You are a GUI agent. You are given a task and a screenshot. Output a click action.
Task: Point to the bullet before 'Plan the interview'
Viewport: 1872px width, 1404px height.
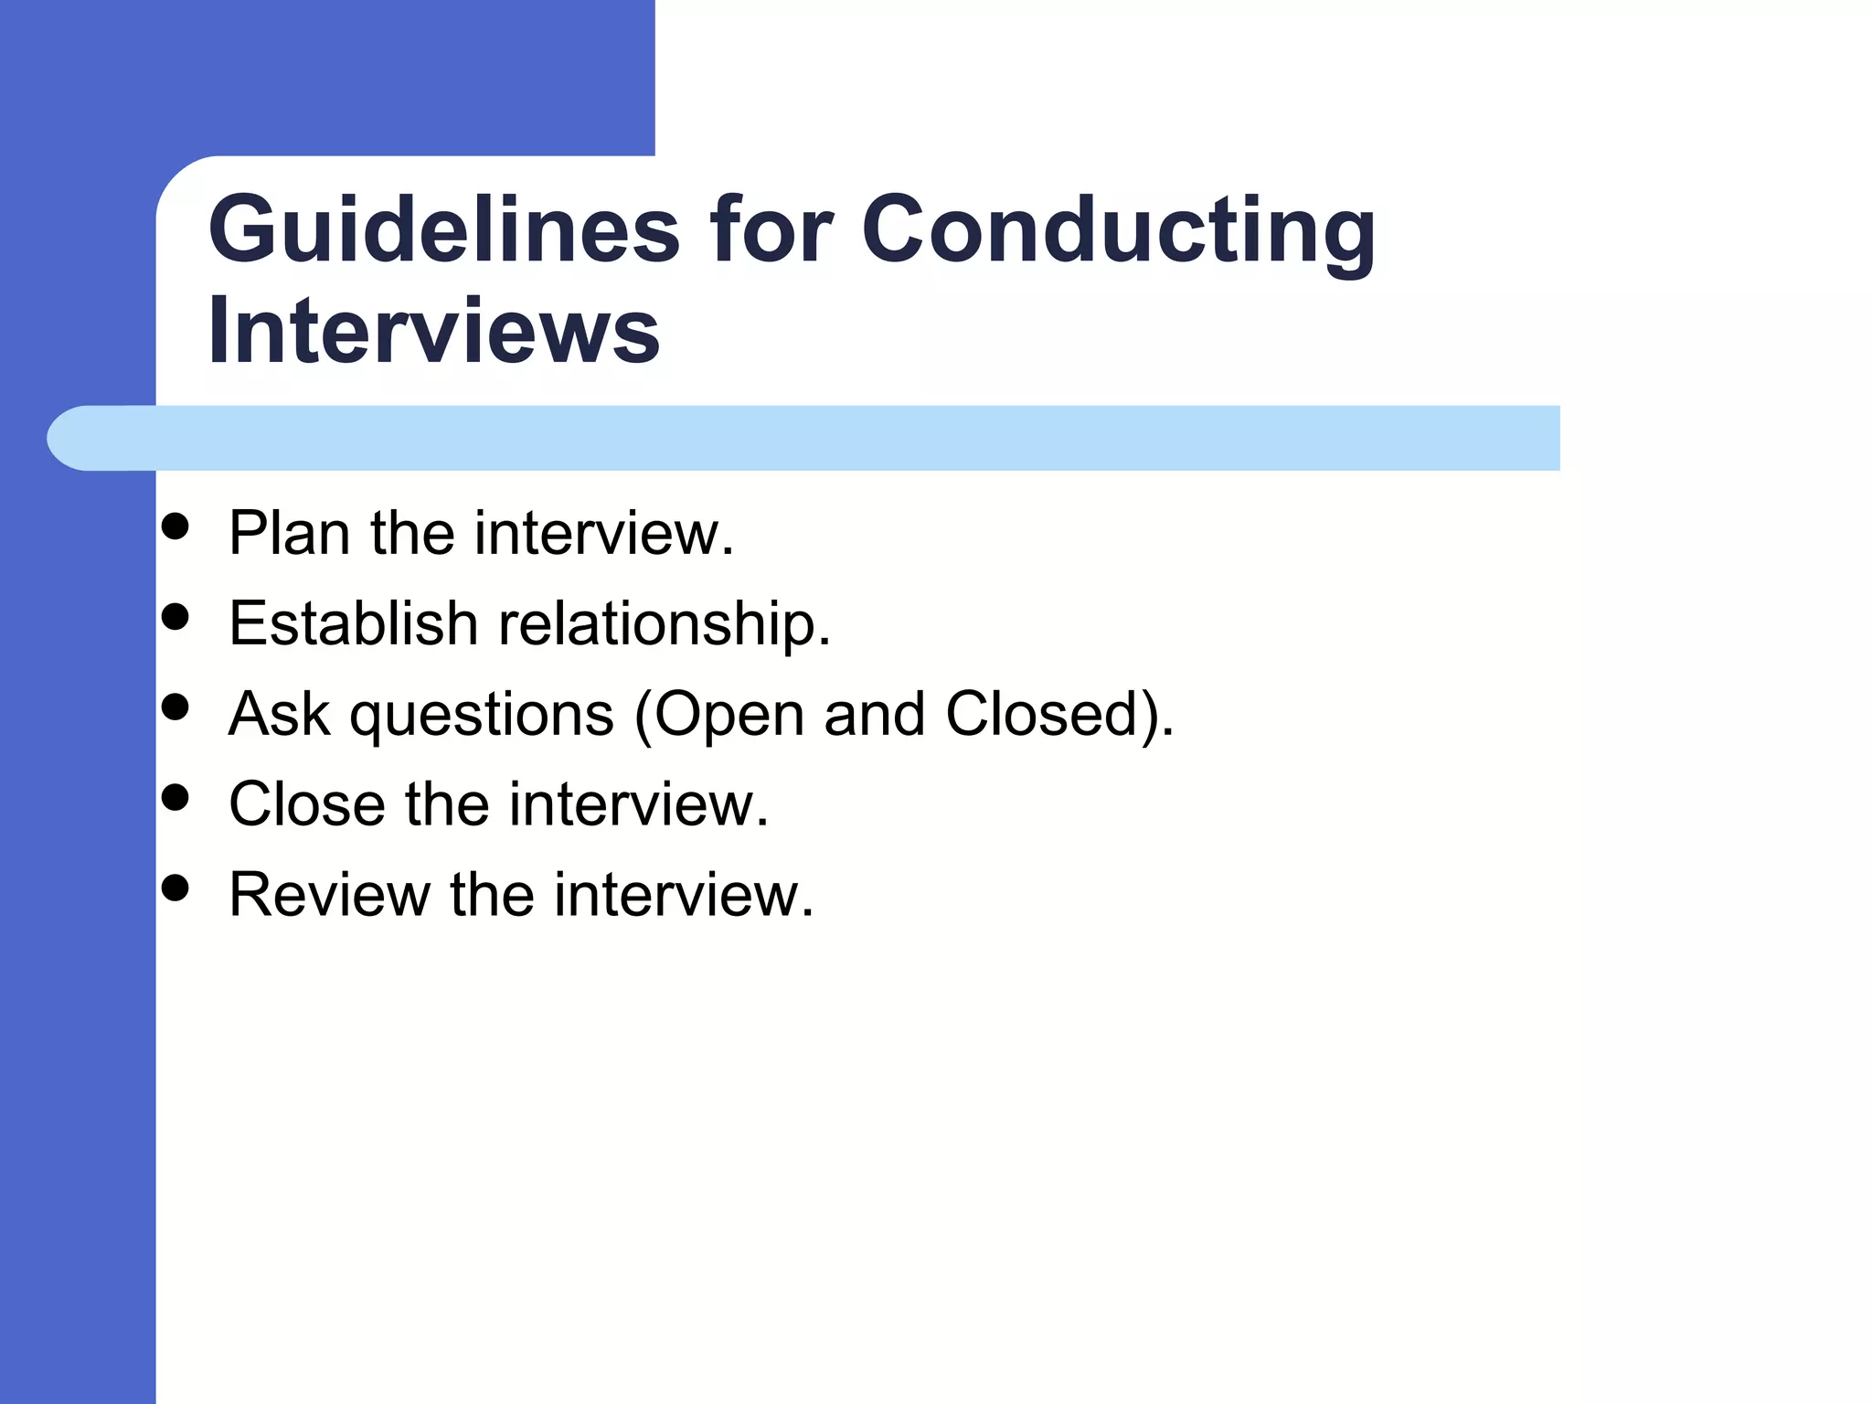tap(175, 526)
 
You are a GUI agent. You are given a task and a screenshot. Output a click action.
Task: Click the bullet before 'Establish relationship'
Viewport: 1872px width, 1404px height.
tap(175, 616)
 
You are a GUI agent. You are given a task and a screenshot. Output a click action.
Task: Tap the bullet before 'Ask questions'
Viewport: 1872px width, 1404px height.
tap(175, 706)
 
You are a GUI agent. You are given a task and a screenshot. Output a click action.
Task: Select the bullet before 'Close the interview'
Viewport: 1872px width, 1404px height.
tap(175, 796)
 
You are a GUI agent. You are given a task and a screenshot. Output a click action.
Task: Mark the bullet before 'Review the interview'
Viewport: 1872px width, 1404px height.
tap(175, 887)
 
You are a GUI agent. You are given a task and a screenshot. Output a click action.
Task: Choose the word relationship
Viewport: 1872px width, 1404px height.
tap(664, 624)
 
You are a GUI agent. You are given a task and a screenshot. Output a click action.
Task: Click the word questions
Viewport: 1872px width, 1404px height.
tap(482, 716)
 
